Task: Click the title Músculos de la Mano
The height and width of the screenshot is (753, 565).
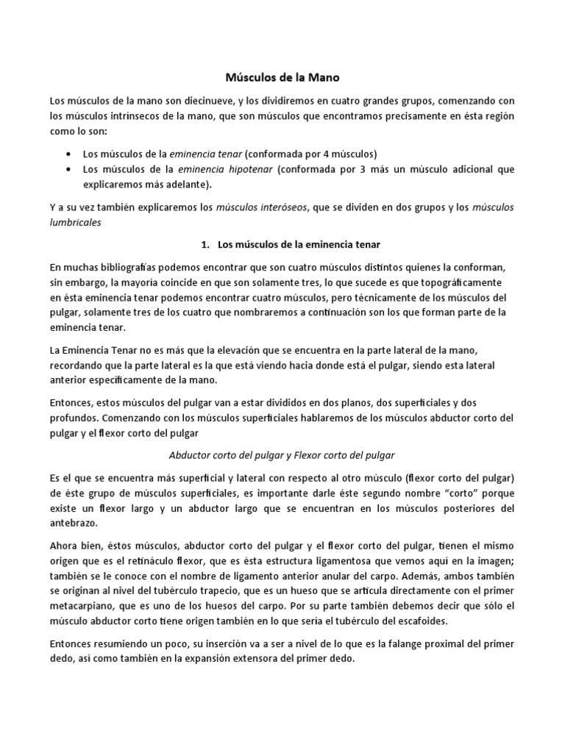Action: coord(282,76)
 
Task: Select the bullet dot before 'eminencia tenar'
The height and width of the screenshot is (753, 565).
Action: coord(68,154)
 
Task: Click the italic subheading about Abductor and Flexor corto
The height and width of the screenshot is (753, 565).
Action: coord(282,455)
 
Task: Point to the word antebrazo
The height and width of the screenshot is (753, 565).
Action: coord(75,524)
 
